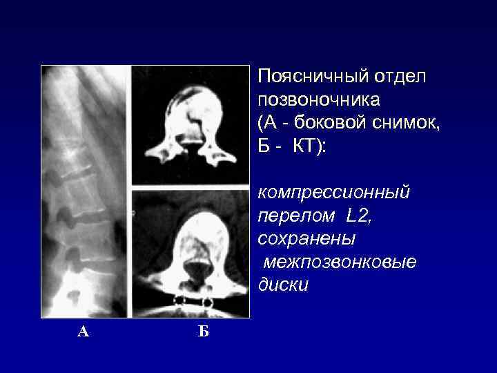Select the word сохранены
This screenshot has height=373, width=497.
point(306,238)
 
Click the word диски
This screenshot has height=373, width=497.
point(283,285)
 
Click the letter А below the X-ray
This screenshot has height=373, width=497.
point(83,332)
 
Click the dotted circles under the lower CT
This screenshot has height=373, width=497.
point(193,302)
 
